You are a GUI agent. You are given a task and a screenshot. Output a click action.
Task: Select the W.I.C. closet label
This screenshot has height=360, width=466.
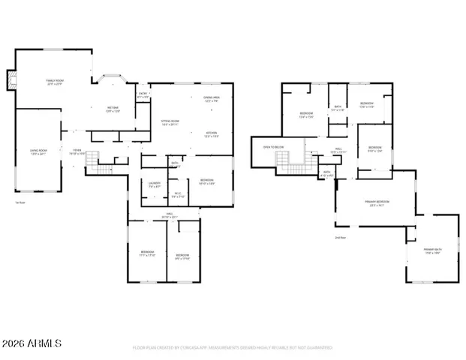click(x=178, y=196)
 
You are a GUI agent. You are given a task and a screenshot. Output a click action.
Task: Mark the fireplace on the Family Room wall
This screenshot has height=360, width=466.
click(x=11, y=80)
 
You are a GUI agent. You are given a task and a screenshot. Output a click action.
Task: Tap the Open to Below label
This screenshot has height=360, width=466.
click(x=272, y=147)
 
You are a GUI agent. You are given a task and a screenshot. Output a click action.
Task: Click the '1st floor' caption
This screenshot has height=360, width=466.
click(x=21, y=202)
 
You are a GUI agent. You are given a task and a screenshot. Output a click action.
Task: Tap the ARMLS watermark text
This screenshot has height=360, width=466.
click(x=32, y=344)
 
